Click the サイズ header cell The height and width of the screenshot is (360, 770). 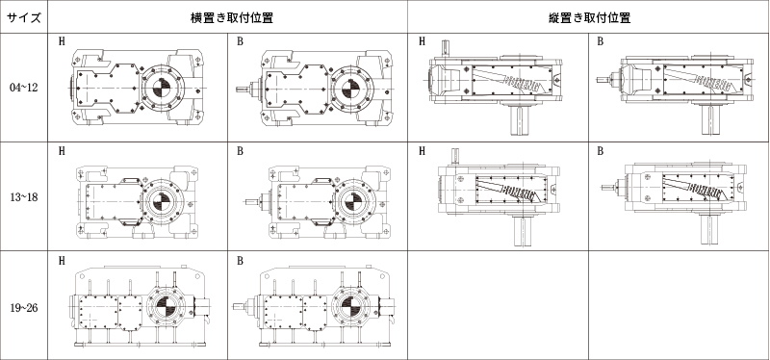(23, 18)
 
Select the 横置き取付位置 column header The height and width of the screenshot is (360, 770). (232, 18)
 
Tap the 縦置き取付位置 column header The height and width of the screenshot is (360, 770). (589, 18)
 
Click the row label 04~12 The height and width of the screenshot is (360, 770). (23, 88)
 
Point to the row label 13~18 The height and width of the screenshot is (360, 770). (23, 197)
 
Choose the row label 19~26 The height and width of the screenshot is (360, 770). (23, 308)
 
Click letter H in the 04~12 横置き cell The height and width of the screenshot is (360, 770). (62, 41)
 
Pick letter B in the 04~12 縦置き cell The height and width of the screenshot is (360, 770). (600, 41)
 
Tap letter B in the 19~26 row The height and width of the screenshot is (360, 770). (240, 261)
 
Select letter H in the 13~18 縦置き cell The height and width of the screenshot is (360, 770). (422, 151)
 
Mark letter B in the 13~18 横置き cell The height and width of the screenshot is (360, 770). (240, 151)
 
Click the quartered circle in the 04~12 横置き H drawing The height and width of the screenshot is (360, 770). (162, 89)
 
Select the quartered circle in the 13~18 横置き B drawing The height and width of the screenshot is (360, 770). (352, 201)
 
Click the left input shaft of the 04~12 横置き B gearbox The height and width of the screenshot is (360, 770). (244, 89)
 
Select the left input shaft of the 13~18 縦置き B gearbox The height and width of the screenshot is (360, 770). (609, 187)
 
